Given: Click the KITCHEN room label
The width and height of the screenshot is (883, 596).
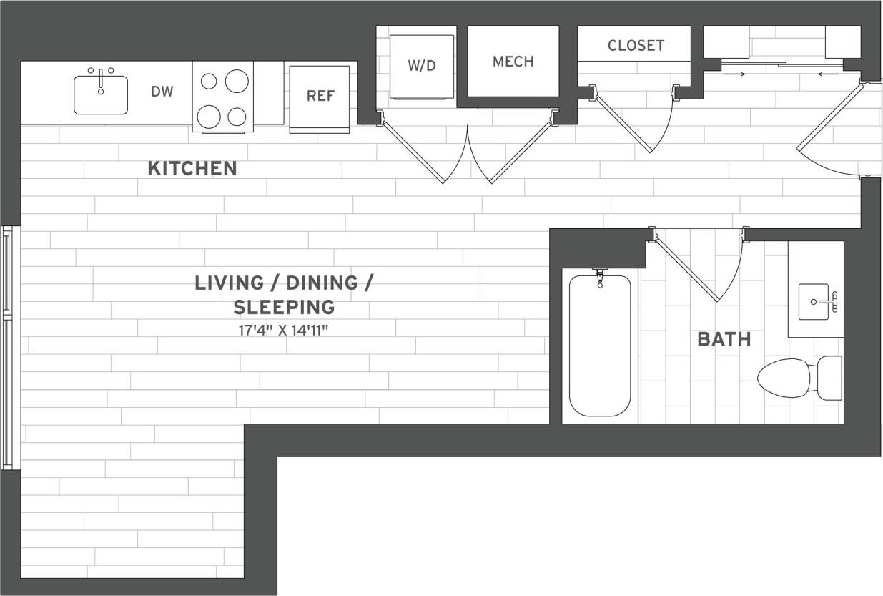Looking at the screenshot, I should pos(192,169).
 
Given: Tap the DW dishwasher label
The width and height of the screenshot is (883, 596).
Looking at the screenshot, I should pos(162,92).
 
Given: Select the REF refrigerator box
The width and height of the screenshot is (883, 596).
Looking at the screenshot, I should pos(320,97).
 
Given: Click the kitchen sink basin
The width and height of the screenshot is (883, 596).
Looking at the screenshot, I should pos(101,94).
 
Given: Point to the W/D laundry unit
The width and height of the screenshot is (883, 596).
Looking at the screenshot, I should pos(422,66).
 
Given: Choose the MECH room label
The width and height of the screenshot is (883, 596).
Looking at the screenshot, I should pos(513,62).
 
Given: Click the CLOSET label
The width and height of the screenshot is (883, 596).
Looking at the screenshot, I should pos(636,46).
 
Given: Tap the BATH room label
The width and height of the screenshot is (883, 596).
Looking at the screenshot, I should pos(724,340).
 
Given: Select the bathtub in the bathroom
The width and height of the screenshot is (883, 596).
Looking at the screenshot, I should pos(600,346).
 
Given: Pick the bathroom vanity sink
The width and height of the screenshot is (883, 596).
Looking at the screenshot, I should pos(816,301).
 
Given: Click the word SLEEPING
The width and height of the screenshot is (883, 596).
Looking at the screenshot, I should pos(284,308).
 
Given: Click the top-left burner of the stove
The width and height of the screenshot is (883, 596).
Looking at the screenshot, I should pos(209,81).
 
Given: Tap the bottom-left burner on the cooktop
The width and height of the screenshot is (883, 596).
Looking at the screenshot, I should pos(209,115).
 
